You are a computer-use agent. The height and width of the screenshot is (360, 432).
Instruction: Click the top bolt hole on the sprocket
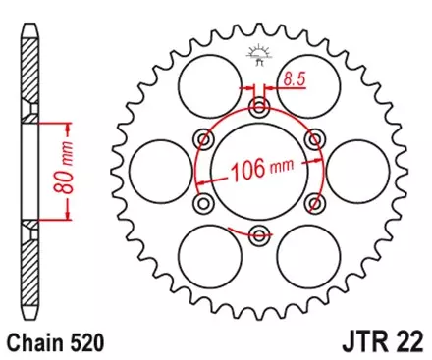click(259, 105)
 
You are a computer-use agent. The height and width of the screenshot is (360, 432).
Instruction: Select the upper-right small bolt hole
click(315, 137)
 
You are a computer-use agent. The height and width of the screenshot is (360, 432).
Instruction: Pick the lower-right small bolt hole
click(315, 202)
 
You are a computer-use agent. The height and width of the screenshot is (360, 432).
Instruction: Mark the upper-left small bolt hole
click(203, 137)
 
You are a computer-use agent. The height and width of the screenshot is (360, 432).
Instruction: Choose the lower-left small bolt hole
click(203, 202)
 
